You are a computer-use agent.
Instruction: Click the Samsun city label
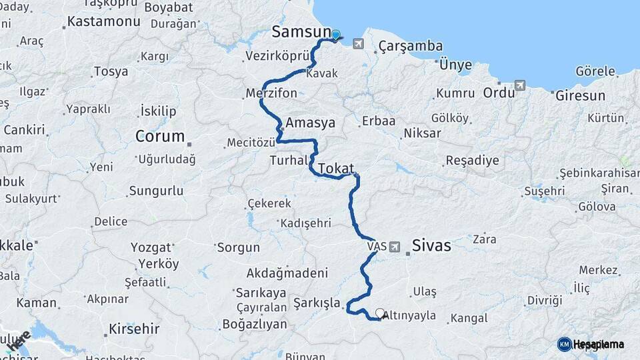click(301, 32)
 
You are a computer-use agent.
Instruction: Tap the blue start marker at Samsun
click(335, 35)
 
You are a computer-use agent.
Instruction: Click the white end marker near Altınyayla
click(380, 312)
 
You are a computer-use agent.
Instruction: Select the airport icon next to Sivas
click(395, 247)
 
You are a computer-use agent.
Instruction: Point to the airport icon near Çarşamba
click(359, 44)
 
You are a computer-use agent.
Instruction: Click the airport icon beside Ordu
click(520, 85)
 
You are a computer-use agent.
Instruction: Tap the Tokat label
click(335, 169)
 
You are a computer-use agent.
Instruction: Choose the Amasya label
click(310, 123)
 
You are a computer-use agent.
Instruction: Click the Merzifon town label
click(271, 93)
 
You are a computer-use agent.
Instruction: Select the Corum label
click(160, 137)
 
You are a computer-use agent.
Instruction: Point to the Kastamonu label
click(104, 21)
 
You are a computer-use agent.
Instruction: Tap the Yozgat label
click(151, 247)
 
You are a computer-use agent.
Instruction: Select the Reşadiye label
click(472, 161)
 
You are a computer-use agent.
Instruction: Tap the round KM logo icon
click(565, 344)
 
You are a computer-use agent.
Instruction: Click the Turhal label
click(289, 161)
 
